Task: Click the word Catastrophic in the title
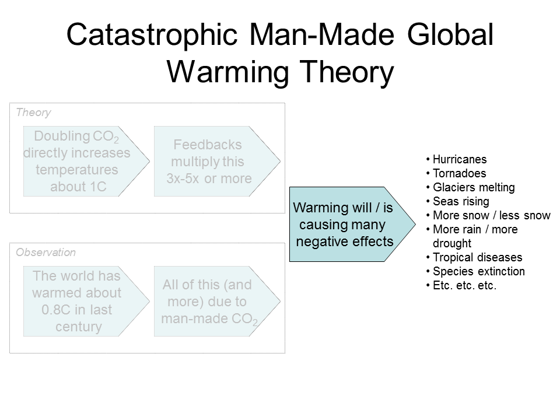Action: click(x=152, y=34)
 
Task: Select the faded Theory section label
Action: click(x=34, y=113)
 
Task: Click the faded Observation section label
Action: click(x=45, y=253)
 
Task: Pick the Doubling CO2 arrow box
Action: click(x=86, y=161)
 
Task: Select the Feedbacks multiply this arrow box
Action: click(x=217, y=161)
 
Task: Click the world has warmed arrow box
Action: click(x=86, y=301)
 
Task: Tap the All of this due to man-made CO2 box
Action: click(x=217, y=301)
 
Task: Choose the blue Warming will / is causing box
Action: click(x=352, y=224)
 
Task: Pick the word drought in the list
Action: click(x=452, y=243)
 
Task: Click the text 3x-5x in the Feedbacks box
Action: click(x=183, y=178)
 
